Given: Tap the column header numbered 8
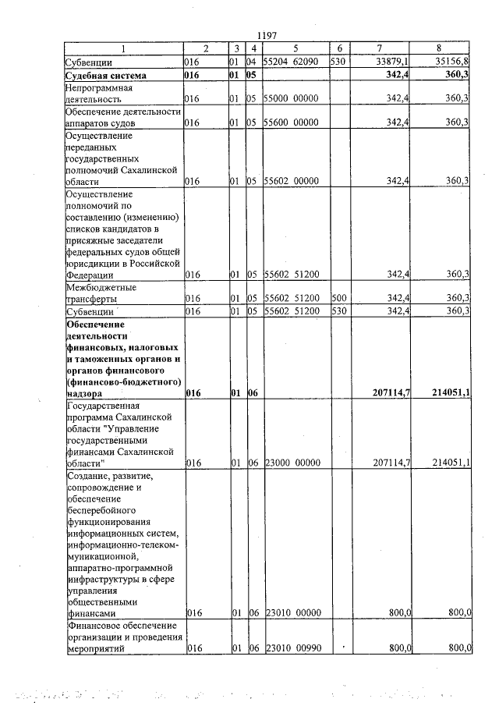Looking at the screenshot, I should (x=442, y=49).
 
